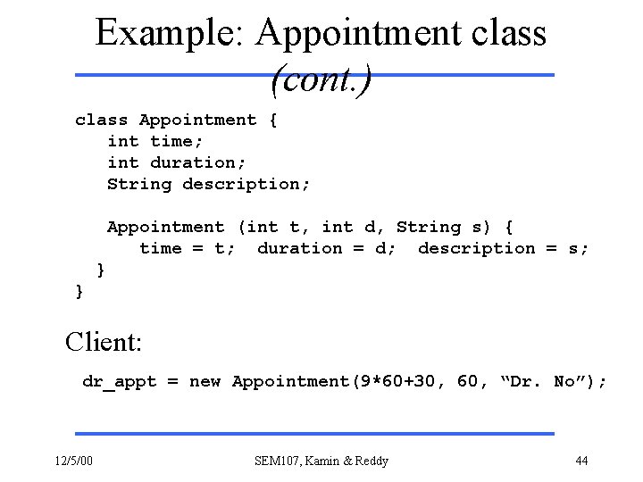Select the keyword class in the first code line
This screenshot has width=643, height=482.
tap(102, 120)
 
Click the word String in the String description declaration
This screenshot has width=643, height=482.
tap(139, 184)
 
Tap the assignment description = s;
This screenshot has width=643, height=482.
tap(503, 248)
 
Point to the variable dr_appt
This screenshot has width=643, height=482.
tap(119, 382)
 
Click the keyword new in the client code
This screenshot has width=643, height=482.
tap(205, 382)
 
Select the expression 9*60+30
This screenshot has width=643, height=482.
tap(397, 382)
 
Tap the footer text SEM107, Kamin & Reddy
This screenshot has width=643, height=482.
tap(321, 461)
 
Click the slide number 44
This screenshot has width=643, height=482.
tap(581, 461)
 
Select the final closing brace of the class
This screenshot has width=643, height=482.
tap(80, 291)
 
